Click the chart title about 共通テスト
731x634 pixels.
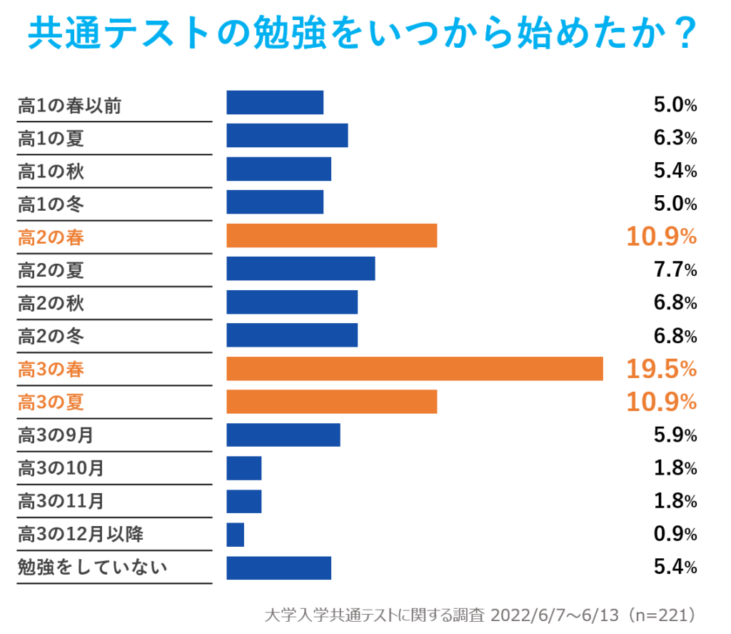(x=361, y=33)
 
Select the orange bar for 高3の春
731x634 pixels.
(x=414, y=369)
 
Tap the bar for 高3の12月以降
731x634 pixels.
(x=235, y=535)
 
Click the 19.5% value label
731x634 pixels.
(x=661, y=369)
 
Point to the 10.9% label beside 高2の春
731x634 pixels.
(x=661, y=237)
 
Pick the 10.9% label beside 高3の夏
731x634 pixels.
(x=661, y=402)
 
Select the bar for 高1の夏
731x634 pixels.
(x=287, y=136)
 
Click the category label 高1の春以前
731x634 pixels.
(x=69, y=107)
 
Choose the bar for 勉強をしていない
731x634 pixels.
(x=279, y=568)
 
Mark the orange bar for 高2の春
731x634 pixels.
(x=331, y=236)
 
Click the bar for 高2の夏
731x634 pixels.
(x=301, y=269)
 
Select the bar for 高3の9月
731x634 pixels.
(x=283, y=435)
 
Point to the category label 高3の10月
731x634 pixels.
(x=61, y=469)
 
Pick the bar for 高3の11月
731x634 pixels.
(x=244, y=501)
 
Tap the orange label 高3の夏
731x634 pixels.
(x=51, y=402)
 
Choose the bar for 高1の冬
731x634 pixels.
(x=275, y=202)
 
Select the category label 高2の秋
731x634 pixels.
(x=51, y=304)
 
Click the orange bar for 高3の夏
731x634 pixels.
(x=331, y=402)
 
